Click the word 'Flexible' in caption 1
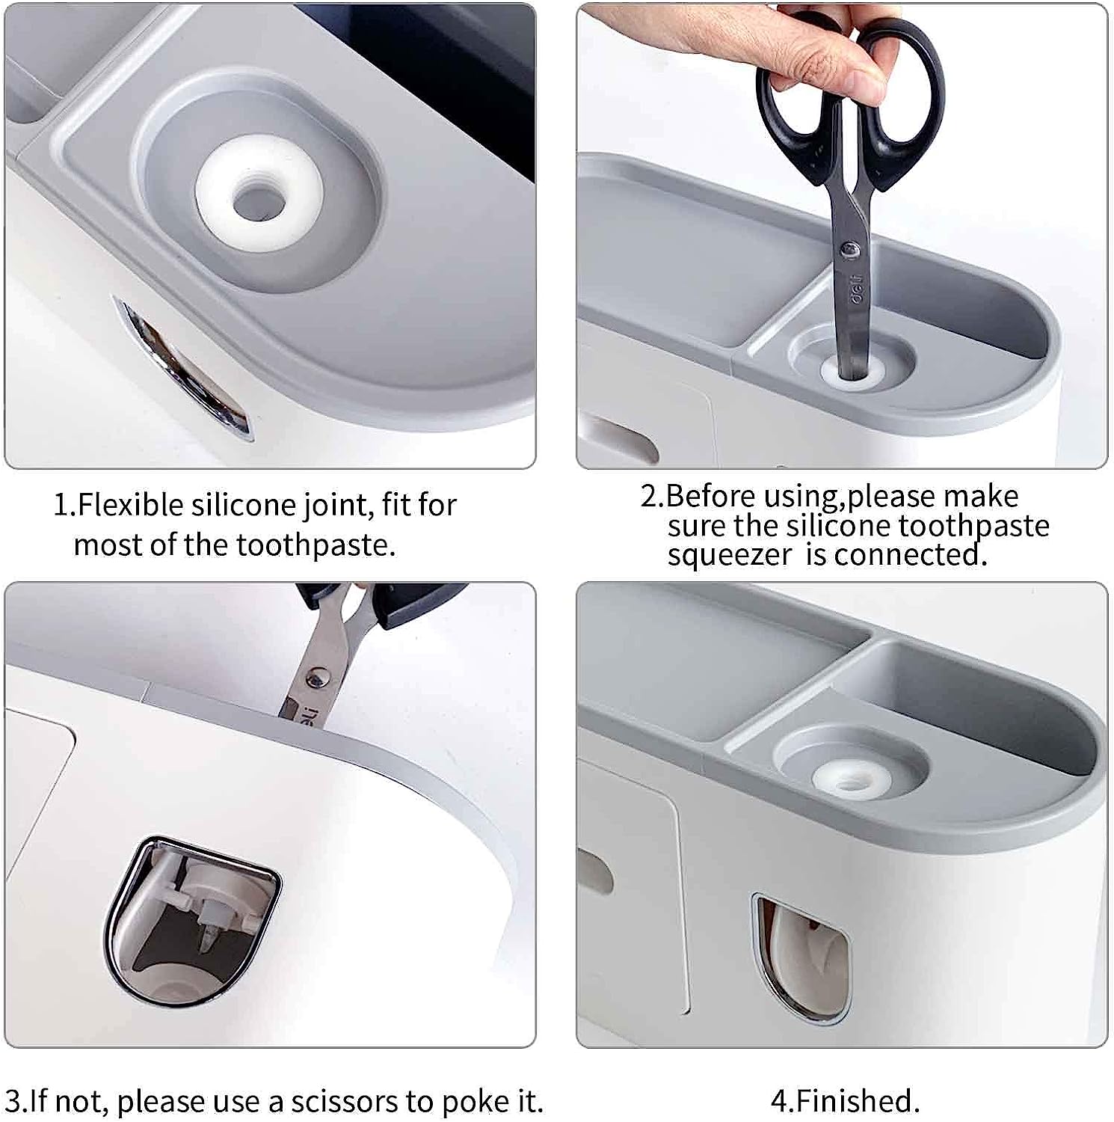tap(131, 506)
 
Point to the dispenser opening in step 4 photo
tap(800, 957)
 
